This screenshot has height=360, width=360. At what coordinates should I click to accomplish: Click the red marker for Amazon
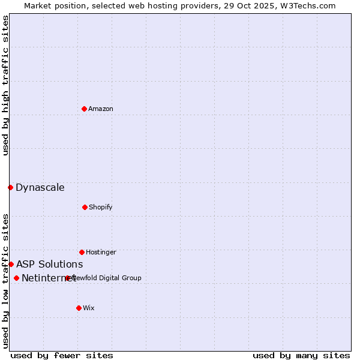point(84,109)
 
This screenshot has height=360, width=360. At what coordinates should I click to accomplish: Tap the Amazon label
point(101,109)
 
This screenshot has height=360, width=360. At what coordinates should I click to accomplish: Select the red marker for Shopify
point(85,207)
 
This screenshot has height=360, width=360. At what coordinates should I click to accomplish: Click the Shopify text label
point(101,208)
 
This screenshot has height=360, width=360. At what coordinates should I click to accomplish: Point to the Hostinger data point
point(82,252)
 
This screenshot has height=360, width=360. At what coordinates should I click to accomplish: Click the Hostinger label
point(101,253)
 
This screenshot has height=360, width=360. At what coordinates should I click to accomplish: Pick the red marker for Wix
point(79,308)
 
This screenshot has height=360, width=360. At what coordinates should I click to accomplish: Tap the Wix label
point(89,308)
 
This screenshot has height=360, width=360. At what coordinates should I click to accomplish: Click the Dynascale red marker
point(10,187)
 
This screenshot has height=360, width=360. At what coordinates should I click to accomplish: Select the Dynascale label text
point(40,188)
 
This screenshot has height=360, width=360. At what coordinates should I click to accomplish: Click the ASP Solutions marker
point(11,264)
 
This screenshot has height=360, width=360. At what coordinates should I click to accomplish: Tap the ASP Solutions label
point(50,265)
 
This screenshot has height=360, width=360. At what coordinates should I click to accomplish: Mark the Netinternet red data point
point(16,278)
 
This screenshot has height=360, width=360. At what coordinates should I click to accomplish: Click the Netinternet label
point(48,278)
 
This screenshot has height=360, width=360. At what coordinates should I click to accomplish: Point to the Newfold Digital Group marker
point(68,278)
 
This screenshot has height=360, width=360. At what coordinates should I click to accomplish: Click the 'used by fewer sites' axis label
point(62,356)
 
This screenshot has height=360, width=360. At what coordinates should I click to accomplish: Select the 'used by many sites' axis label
point(301,356)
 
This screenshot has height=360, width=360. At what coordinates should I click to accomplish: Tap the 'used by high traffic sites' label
point(6,86)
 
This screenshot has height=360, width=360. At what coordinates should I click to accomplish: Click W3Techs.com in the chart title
point(307,5)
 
